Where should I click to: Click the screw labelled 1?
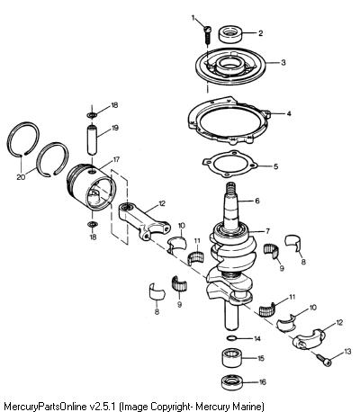coord(208,34)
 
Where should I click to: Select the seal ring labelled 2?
coord(230,34)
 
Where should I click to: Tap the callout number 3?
coord(283,63)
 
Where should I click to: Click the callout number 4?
coord(289,113)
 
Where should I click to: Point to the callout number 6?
coord(257,201)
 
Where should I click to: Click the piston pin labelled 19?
coord(93,139)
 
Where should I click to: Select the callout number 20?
coord(21,177)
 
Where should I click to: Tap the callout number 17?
coord(116,160)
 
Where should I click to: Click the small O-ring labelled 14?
coord(230,338)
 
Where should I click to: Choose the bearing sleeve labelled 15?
coord(232,358)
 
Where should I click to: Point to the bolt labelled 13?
coord(324,360)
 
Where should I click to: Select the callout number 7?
coord(267,231)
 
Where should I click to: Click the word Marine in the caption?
coord(246,408)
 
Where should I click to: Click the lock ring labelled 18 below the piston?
coord(92,224)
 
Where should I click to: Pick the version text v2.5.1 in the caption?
coord(103,408)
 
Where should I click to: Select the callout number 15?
coord(261,358)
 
